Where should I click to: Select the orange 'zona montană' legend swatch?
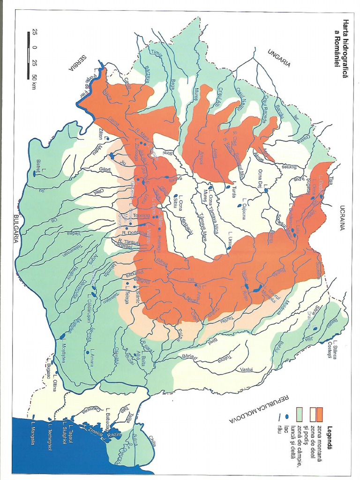pyautogui.click(x=320, y=414)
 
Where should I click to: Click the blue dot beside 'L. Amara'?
pyautogui.click(x=87, y=352)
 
